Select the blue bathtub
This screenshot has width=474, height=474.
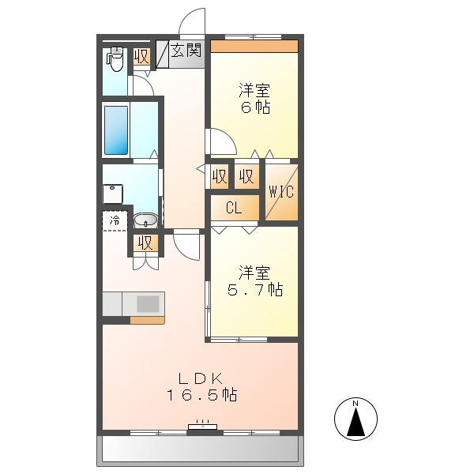click(x=115, y=129)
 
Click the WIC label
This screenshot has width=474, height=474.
click(x=280, y=190)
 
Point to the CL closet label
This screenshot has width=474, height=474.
click(x=234, y=209)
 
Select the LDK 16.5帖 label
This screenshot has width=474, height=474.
click(x=201, y=386)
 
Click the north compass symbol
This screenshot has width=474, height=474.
click(x=355, y=418)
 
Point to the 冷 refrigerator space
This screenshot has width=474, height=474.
click(x=115, y=220)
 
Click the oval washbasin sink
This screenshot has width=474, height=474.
click(x=145, y=220)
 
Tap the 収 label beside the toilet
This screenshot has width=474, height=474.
click(x=141, y=57)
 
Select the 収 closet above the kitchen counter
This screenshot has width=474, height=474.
click(x=145, y=243)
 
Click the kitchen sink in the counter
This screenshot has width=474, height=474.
click(x=148, y=303)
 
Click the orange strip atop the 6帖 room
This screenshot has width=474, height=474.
click(x=254, y=46)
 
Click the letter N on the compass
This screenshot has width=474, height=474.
click(x=355, y=404)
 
